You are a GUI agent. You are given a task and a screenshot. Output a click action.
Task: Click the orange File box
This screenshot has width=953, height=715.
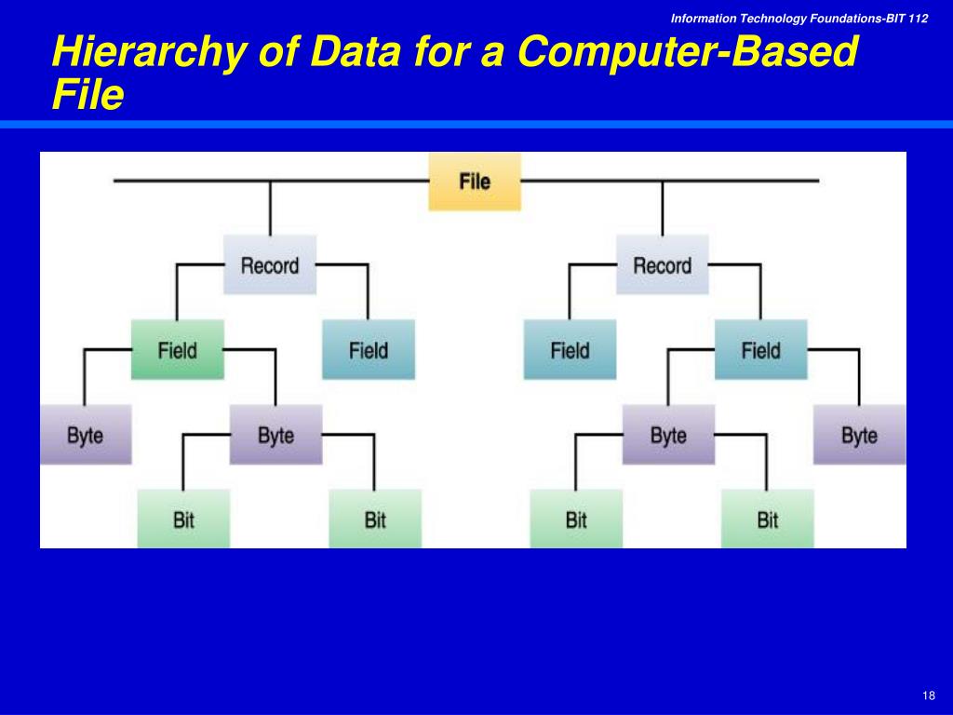(475, 182)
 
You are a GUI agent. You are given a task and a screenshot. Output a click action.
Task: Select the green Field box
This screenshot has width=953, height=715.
(177, 350)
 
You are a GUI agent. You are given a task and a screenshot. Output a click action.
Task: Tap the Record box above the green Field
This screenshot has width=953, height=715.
(270, 265)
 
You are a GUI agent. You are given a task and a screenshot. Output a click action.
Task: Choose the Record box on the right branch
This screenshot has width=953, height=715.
(662, 265)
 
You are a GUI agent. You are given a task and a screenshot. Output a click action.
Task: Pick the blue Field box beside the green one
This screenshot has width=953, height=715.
(369, 350)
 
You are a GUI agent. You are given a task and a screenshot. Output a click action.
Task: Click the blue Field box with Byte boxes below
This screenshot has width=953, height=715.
(760, 350)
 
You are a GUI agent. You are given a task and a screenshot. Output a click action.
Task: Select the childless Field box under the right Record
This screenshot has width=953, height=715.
(570, 350)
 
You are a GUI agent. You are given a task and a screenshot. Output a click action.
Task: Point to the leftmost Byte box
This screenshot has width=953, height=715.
(85, 435)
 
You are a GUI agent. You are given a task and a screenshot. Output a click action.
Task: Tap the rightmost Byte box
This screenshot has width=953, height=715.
(859, 435)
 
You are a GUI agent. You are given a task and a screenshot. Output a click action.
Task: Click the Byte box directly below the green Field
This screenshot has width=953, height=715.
(275, 435)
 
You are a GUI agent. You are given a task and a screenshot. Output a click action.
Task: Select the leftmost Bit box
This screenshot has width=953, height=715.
(183, 519)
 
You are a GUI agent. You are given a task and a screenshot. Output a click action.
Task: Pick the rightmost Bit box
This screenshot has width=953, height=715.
(767, 519)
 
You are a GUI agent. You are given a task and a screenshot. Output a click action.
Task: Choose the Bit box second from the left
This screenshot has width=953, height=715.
(375, 519)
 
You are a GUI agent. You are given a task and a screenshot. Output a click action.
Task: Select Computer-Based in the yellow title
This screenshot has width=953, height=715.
(686, 52)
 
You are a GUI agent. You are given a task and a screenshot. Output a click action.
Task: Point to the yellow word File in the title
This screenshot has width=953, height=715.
(87, 95)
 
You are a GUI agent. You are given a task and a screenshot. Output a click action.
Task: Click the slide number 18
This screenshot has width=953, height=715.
(928, 697)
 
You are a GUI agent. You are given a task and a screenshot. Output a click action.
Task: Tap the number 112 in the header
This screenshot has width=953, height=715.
(918, 19)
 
